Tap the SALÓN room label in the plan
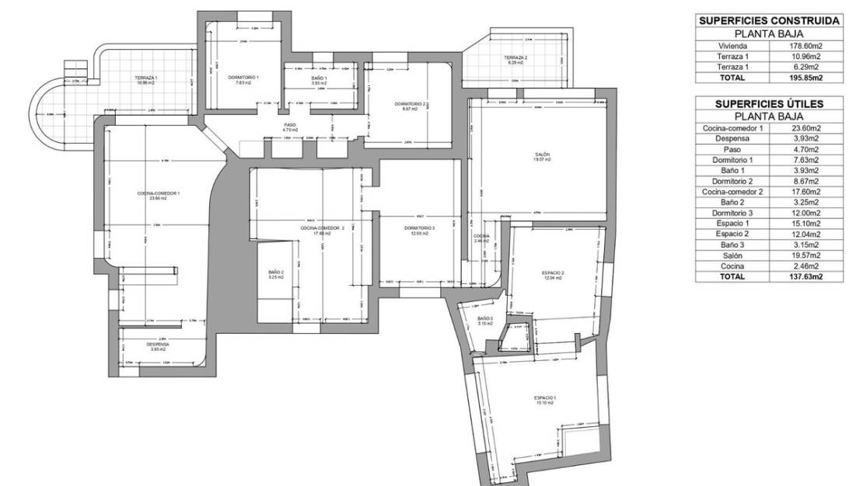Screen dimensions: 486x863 543,154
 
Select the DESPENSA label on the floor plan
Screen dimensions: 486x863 158,345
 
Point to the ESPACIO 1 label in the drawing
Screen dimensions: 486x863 544,397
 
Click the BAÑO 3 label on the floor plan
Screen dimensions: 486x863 485,318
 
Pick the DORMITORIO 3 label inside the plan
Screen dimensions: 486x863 420,227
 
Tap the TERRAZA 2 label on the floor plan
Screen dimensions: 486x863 515,58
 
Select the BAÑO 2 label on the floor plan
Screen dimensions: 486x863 275,273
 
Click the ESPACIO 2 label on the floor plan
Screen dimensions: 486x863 553,273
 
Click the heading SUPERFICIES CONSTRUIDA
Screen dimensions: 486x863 768,21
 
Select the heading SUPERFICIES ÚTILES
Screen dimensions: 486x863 768,104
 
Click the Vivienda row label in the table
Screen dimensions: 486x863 732,46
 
